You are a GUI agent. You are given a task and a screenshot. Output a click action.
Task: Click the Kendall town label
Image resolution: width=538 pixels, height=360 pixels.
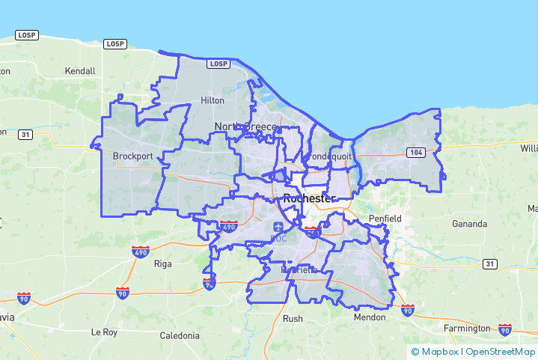(80, 71)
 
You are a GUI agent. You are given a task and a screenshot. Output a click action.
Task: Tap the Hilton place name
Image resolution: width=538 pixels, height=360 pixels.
(213, 100)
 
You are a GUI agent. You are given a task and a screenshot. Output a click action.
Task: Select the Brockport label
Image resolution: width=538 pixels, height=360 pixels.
(132, 156)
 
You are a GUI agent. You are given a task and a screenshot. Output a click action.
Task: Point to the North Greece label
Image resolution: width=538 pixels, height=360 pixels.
(245, 126)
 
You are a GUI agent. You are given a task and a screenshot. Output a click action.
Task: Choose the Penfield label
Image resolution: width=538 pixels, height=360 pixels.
(385, 219)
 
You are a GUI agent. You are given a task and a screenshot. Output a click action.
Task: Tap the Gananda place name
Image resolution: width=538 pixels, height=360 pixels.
(469, 224)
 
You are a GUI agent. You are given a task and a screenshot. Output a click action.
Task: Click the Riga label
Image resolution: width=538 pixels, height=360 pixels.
(162, 264)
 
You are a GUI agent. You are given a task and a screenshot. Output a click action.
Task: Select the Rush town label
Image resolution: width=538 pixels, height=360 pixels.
(293, 318)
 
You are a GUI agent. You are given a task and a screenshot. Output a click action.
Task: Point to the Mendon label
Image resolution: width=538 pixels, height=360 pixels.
(370, 317)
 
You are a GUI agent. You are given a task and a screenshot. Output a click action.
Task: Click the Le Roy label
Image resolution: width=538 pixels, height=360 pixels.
(106, 332)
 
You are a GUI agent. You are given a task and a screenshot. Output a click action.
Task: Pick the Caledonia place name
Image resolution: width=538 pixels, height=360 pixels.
(180, 335)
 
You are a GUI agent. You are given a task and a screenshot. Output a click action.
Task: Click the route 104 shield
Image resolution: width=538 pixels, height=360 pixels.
(417, 153)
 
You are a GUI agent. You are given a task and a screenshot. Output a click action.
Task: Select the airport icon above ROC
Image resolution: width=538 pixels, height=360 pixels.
(279, 227)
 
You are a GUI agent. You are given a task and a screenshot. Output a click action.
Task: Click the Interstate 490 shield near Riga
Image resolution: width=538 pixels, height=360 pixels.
(140, 252)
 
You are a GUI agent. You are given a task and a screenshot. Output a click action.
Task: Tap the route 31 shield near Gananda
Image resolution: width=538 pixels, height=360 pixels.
(490, 264)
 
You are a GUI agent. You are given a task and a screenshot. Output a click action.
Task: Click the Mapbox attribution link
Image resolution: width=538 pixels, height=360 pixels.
(439, 352)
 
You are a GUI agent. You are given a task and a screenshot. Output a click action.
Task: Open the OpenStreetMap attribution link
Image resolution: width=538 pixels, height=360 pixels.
(501, 352)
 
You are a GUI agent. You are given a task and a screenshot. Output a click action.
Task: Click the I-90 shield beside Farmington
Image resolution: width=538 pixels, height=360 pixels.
(505, 329)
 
